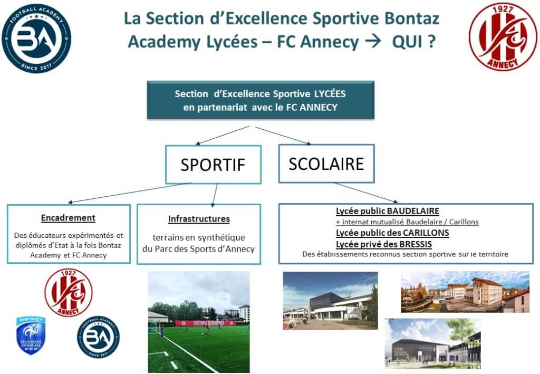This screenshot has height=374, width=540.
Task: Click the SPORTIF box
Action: click(x=213, y=164)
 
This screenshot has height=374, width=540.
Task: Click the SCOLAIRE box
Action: click(x=326, y=164)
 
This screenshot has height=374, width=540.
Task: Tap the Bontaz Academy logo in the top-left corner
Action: click(x=36, y=39)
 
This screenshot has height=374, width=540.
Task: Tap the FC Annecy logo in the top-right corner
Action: click(x=503, y=37)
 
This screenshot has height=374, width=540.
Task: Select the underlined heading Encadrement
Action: click(x=68, y=218)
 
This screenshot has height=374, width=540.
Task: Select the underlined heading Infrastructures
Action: click(x=199, y=219)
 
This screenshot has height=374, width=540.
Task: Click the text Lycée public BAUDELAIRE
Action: click(x=388, y=211)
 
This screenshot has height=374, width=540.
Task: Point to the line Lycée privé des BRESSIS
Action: click(x=384, y=244)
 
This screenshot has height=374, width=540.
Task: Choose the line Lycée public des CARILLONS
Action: click(x=392, y=233)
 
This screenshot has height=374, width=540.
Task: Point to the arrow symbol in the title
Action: click(x=373, y=41)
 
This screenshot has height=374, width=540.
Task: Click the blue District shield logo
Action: click(x=31, y=335)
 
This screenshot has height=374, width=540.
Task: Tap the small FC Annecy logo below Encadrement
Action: click(x=68, y=293)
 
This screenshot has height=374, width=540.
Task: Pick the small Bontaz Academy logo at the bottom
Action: click(x=98, y=337)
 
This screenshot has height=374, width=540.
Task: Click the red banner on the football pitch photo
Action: click(x=206, y=323)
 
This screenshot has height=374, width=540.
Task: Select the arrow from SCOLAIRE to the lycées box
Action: click(x=366, y=193)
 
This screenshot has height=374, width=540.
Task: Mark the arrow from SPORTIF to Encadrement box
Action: click(x=129, y=193)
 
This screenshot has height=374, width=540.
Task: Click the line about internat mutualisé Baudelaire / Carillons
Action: click(x=407, y=222)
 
